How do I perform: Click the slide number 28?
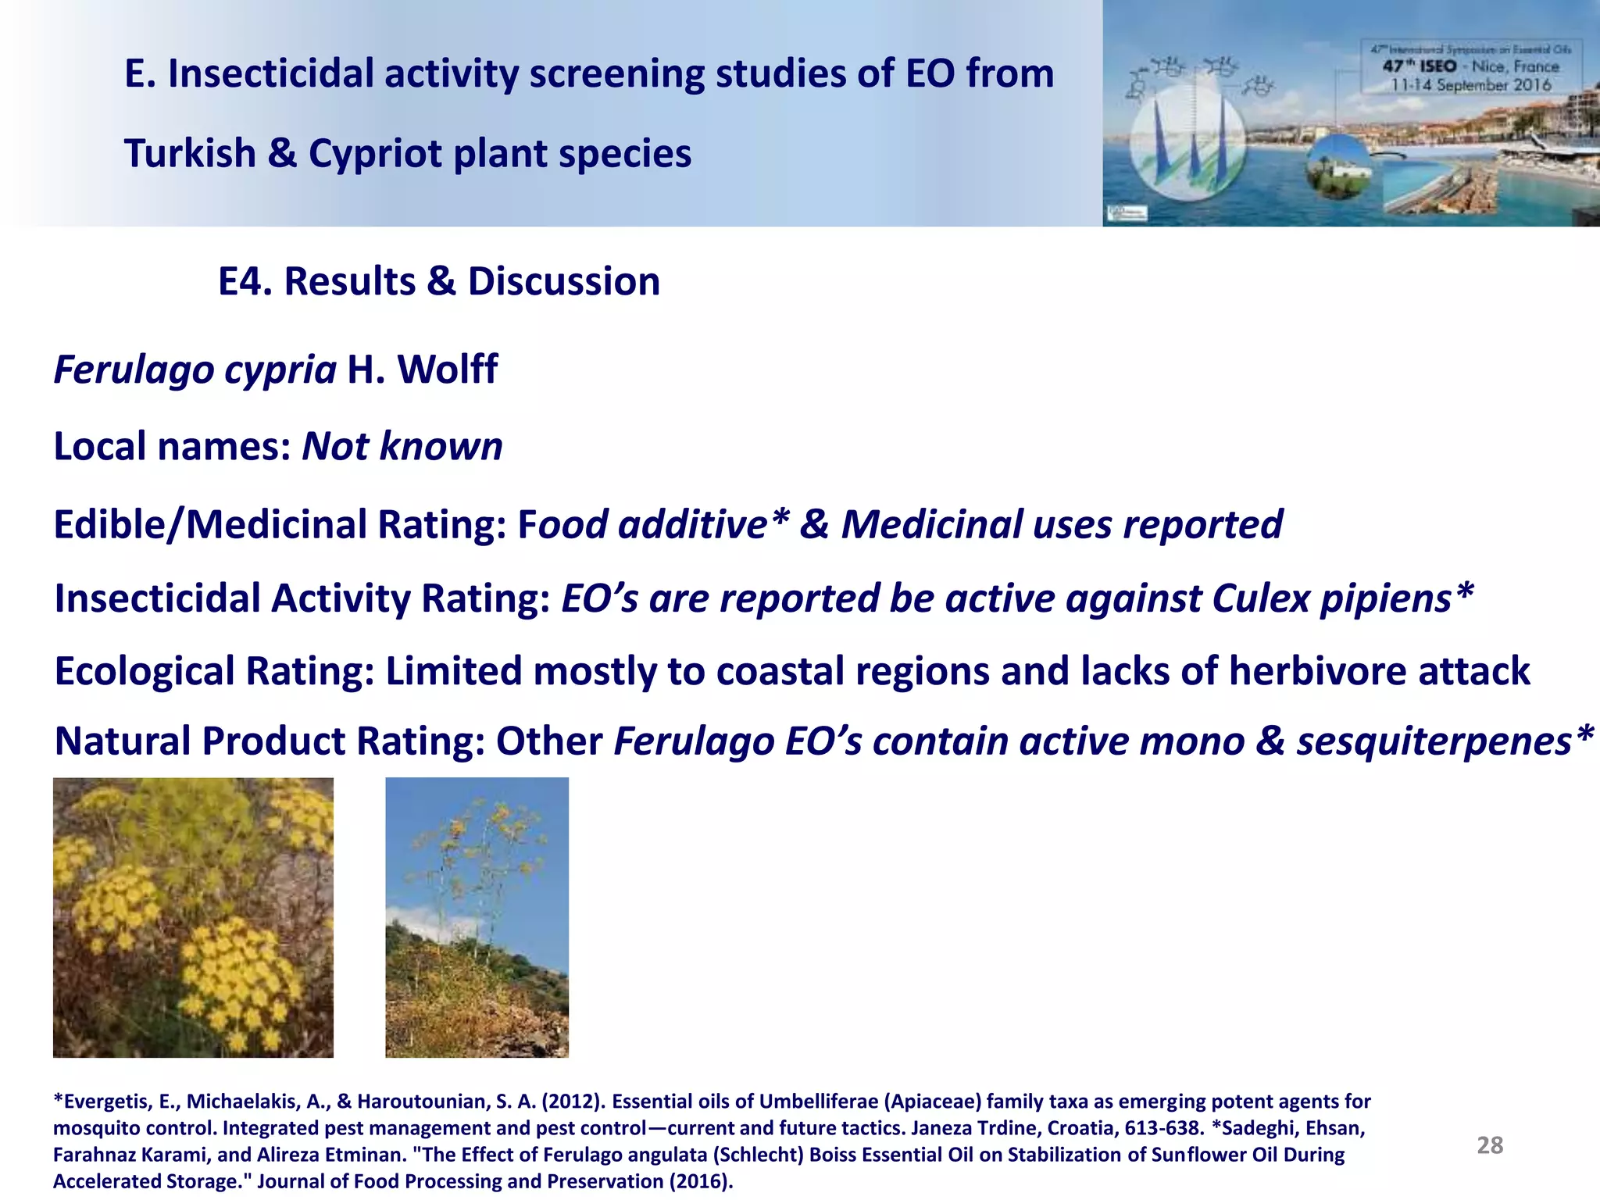[x=1489, y=1145]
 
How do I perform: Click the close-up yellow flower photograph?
[x=193, y=917]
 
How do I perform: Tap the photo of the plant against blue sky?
[x=477, y=917]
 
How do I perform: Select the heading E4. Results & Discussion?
[x=438, y=281]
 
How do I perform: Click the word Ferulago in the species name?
[x=133, y=370]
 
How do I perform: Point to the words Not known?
[x=402, y=447]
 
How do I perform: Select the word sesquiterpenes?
[x=1434, y=741]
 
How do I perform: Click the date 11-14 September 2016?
[x=1470, y=85]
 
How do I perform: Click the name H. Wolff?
[x=423, y=370]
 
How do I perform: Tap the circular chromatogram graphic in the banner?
[x=1187, y=141]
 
